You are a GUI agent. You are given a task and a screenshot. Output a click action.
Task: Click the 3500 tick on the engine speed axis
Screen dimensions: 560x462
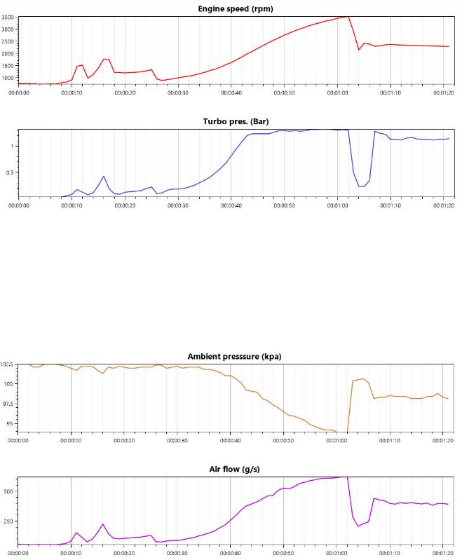tap(8, 18)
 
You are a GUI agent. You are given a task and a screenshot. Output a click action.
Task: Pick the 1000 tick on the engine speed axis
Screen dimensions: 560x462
tap(8, 77)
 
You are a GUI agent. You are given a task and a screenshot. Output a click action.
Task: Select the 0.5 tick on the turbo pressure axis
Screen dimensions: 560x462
tap(11, 172)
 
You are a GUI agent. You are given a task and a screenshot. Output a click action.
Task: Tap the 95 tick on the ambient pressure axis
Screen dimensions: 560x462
tap(11, 423)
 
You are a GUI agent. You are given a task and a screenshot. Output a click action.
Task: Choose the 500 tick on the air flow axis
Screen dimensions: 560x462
tap(8, 491)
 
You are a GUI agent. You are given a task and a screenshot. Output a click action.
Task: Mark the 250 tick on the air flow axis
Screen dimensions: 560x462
tap(8, 521)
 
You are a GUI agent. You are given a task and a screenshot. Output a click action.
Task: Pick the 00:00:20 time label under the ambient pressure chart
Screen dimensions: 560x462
tap(124, 441)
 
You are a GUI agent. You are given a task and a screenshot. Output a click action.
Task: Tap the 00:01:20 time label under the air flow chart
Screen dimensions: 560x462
tap(443, 553)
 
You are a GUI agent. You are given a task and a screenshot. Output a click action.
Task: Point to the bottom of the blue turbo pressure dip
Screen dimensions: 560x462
tap(362, 186)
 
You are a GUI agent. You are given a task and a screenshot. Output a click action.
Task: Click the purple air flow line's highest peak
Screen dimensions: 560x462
tap(347, 477)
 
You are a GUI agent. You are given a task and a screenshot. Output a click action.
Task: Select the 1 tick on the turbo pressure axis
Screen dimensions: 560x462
tap(13, 146)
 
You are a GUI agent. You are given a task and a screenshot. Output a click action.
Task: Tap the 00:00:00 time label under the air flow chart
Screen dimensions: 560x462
tap(18, 553)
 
